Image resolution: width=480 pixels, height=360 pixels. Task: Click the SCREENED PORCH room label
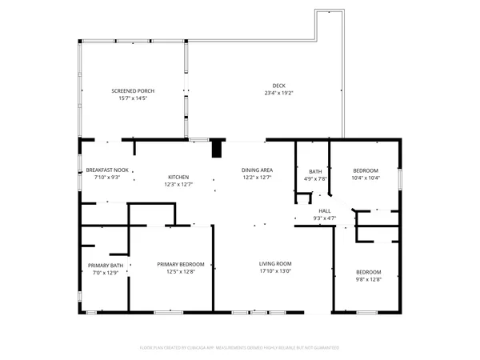(133, 91)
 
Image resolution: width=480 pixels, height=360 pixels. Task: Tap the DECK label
(278, 86)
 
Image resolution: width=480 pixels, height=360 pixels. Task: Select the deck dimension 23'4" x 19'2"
(278, 93)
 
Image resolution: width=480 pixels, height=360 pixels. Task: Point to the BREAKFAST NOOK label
(107, 170)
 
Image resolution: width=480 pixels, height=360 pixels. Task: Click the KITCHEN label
(178, 177)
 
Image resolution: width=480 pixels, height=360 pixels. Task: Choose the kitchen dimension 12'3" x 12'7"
(178, 184)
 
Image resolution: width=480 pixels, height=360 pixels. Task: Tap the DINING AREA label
(258, 170)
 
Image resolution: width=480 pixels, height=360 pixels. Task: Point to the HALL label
(325, 210)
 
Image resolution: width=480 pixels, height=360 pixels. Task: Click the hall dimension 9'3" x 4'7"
(325, 218)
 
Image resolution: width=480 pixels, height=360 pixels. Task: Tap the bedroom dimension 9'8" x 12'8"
(368, 278)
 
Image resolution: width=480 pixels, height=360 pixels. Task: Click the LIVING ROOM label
(274, 264)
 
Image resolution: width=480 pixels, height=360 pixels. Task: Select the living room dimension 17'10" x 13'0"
(274, 271)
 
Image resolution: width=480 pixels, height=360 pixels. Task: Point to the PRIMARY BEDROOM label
(181, 265)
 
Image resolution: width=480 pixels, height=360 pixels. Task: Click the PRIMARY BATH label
(106, 266)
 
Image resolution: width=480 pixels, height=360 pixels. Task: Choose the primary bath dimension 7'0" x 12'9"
(106, 273)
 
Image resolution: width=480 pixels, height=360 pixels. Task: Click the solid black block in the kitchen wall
(216, 149)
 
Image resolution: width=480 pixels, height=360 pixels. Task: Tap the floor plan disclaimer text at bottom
(239, 348)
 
